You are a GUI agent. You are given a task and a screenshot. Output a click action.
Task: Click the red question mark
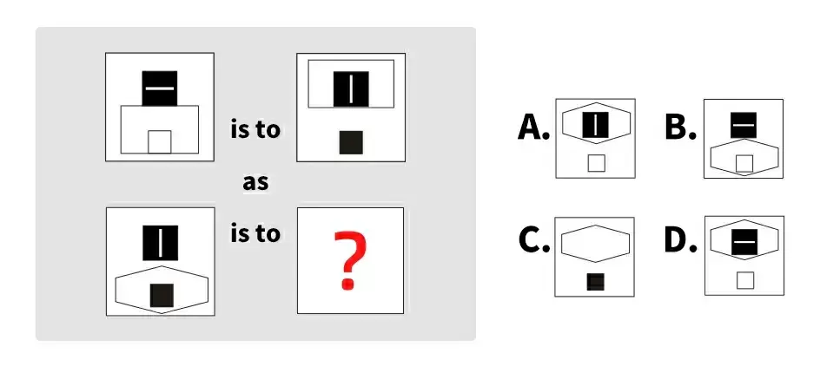pos(349,261)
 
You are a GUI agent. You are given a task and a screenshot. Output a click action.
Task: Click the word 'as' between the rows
pos(255,183)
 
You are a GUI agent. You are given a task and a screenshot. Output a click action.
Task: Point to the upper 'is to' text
pos(255,130)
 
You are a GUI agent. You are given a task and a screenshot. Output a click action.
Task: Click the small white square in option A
pos(596,163)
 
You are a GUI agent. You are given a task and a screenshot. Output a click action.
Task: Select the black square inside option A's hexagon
pos(595,126)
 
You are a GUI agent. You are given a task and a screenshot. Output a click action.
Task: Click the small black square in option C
pos(595,282)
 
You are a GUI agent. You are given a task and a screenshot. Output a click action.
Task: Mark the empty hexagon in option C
pos(595,244)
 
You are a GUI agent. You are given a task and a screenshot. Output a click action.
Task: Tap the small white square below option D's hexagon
pos(744,280)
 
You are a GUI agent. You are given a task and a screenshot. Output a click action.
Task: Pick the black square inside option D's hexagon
pos(744,242)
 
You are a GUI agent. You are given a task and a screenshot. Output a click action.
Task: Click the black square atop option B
pos(744,125)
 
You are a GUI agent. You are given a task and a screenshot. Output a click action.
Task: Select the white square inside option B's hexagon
pos(744,162)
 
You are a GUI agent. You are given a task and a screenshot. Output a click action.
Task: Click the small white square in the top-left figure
pos(159,141)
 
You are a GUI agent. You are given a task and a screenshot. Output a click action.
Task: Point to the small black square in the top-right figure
pos(351,141)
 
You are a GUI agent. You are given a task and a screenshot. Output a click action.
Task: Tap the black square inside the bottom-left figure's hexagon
pos(161,296)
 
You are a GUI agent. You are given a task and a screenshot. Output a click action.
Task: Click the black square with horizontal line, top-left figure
pos(159,88)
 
